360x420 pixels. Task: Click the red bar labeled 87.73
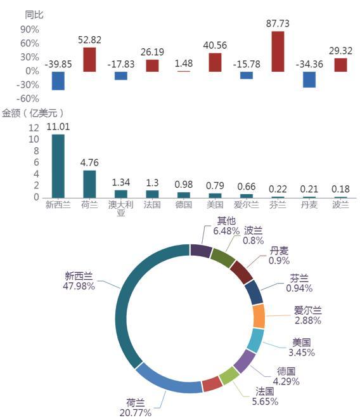coord(278,51)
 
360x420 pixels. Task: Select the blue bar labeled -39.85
coord(58,81)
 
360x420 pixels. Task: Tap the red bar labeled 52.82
coord(89,60)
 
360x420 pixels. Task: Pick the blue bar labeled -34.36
coord(309,79)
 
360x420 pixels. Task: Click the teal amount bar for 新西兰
coord(58,166)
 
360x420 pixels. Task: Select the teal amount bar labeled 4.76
coord(89,184)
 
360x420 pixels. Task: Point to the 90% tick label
coord(30,29)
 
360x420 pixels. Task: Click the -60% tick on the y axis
coord(28,98)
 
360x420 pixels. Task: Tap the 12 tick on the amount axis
coord(34,128)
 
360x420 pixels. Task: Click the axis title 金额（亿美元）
coord(33,113)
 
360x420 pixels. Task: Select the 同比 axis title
coord(34,15)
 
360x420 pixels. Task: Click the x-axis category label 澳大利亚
coord(120,209)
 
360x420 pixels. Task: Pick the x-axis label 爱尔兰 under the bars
coord(247,205)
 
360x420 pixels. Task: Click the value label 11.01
coord(58,127)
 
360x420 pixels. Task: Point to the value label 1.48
coord(184,63)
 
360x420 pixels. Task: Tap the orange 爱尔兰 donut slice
coord(259,316)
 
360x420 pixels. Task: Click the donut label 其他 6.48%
coord(226,226)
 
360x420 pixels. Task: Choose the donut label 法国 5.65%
coord(265,397)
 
